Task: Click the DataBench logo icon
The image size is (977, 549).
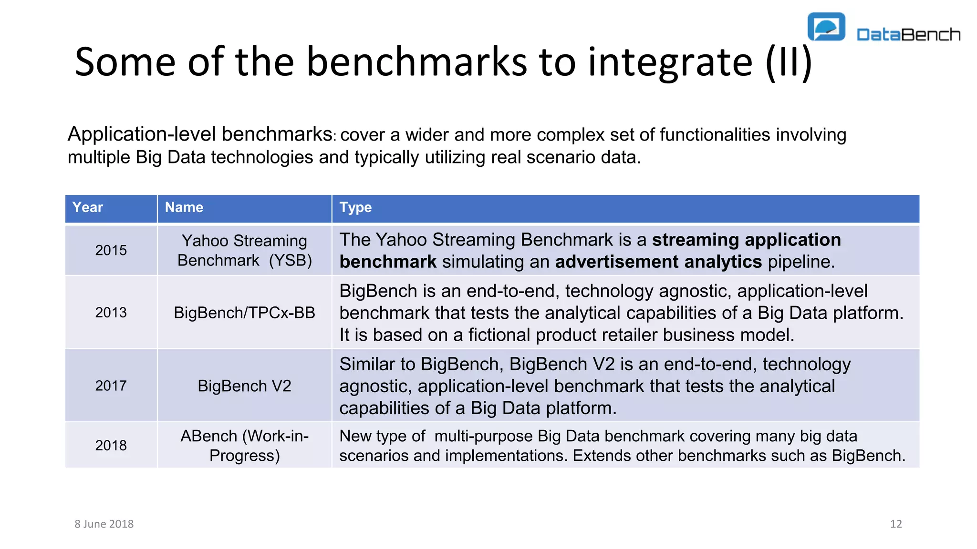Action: click(x=826, y=27)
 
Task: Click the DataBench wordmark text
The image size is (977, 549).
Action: click(x=908, y=34)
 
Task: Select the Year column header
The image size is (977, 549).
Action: click(x=88, y=207)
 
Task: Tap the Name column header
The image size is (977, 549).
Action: click(x=184, y=207)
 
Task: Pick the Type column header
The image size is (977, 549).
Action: click(x=355, y=207)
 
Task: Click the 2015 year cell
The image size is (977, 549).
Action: click(x=111, y=250)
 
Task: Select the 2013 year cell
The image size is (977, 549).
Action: click(x=111, y=313)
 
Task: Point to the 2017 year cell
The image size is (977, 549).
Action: click(x=111, y=386)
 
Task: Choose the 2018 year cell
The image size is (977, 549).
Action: click(x=111, y=445)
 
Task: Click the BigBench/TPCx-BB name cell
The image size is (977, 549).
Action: click(x=244, y=313)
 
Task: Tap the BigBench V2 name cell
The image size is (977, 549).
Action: click(x=244, y=386)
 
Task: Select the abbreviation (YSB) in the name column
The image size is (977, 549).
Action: click(x=290, y=261)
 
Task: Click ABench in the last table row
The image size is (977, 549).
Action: click(x=208, y=436)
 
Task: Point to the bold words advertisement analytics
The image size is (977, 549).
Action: click(x=658, y=262)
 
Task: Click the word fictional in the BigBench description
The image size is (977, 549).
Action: click(x=499, y=335)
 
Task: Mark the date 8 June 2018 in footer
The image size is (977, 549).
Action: click(x=104, y=524)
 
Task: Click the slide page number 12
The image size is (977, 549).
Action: click(x=896, y=524)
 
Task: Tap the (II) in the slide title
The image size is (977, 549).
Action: click(x=789, y=62)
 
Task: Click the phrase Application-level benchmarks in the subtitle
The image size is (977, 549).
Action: click(x=200, y=134)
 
